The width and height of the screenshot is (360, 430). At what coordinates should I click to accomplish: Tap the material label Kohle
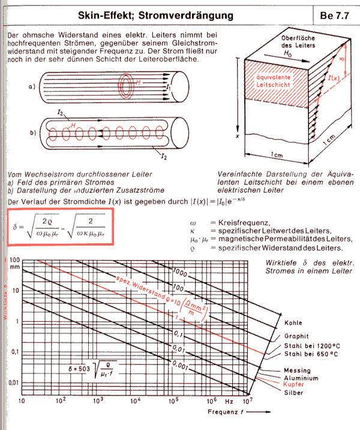coord(295,324)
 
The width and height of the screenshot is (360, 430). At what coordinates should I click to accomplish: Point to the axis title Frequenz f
coord(227,413)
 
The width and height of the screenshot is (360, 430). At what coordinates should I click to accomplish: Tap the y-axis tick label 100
coord(13,261)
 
